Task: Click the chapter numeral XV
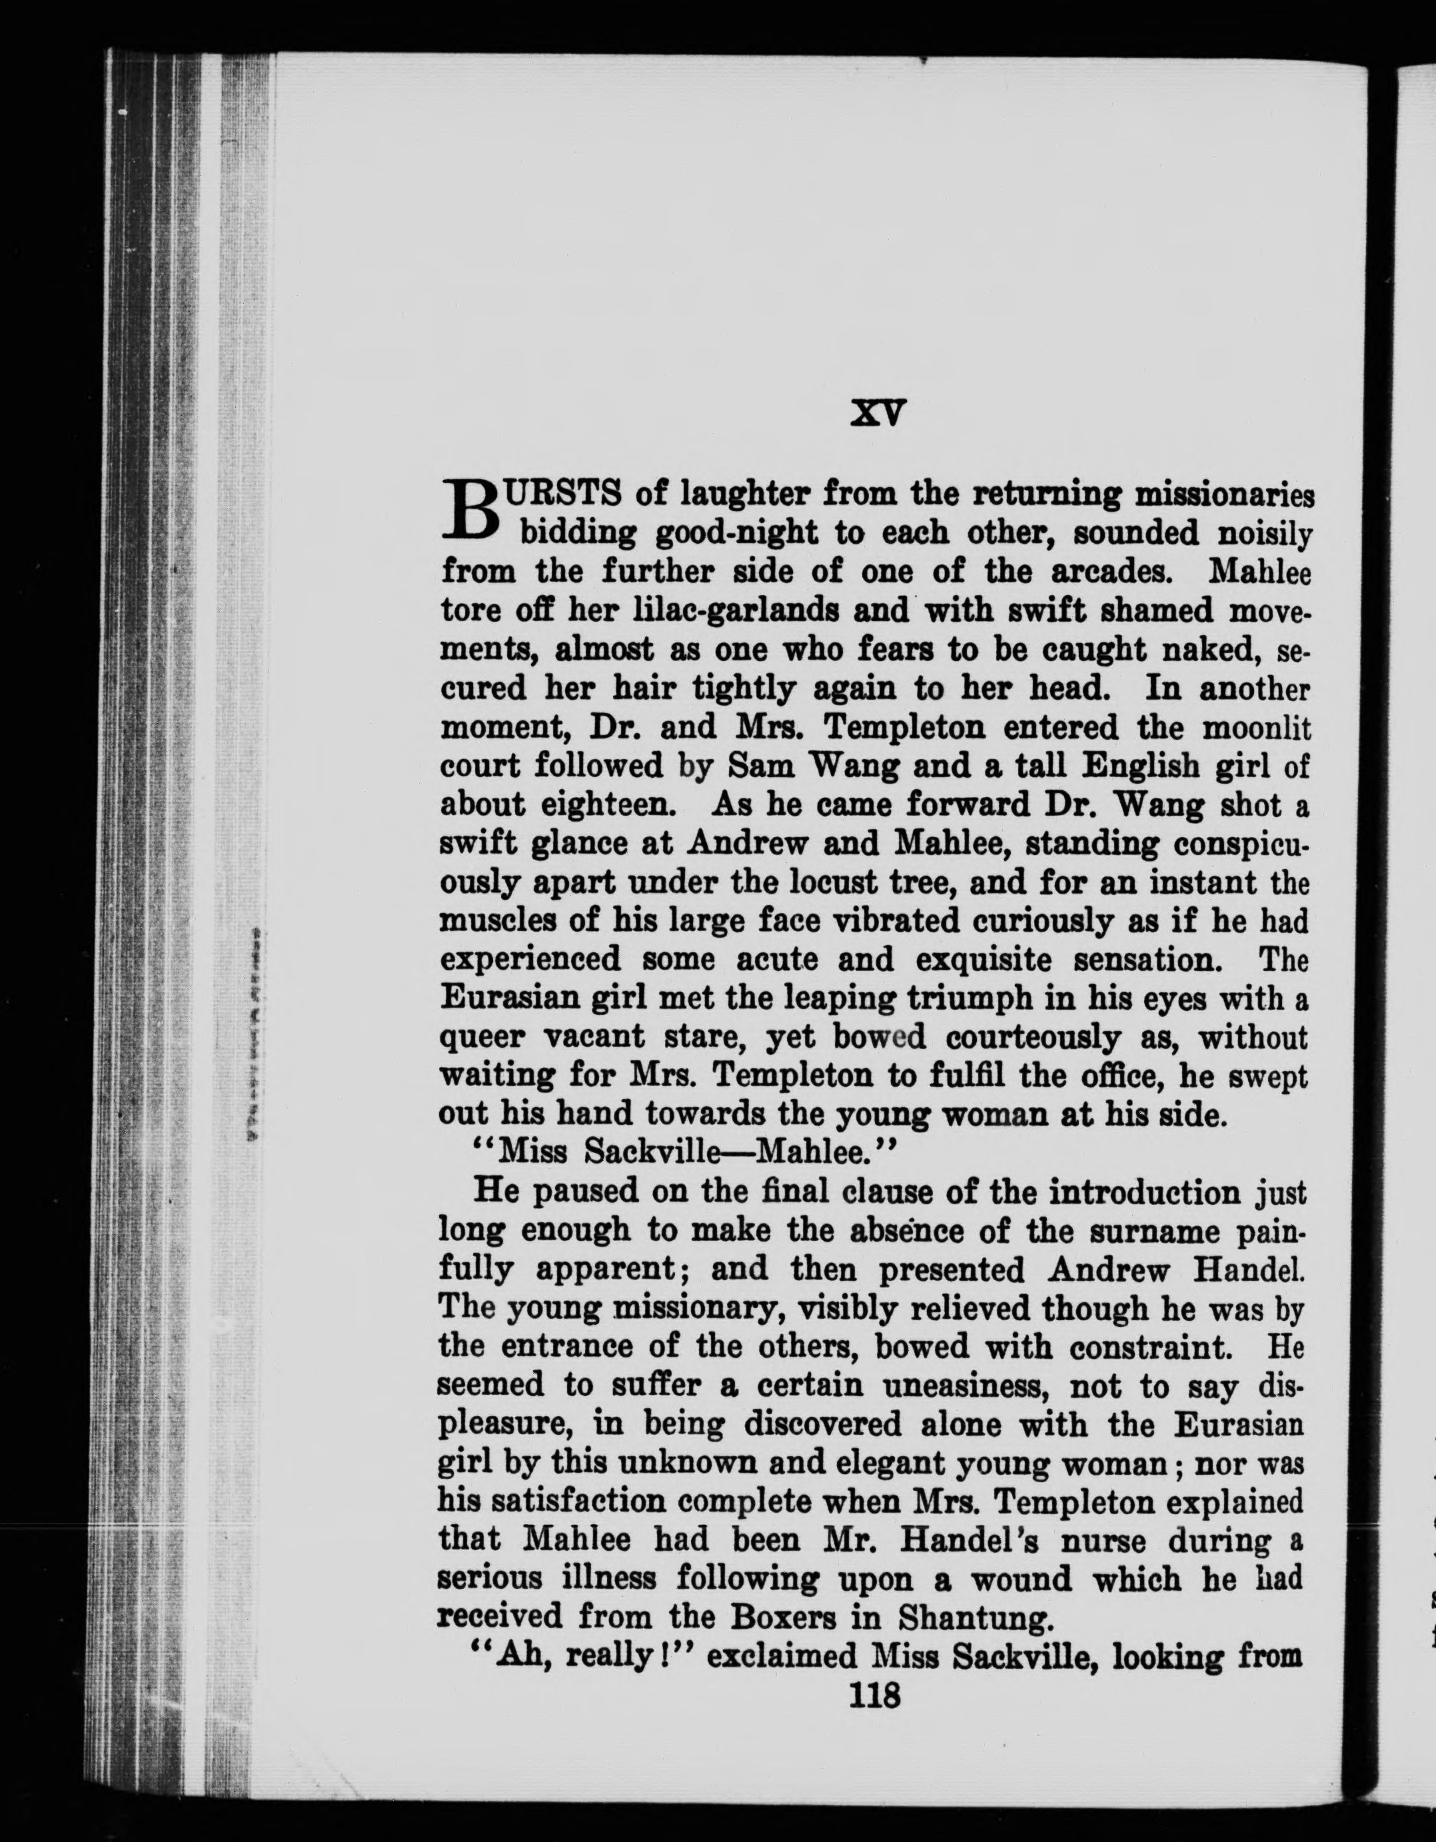(x=877, y=413)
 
